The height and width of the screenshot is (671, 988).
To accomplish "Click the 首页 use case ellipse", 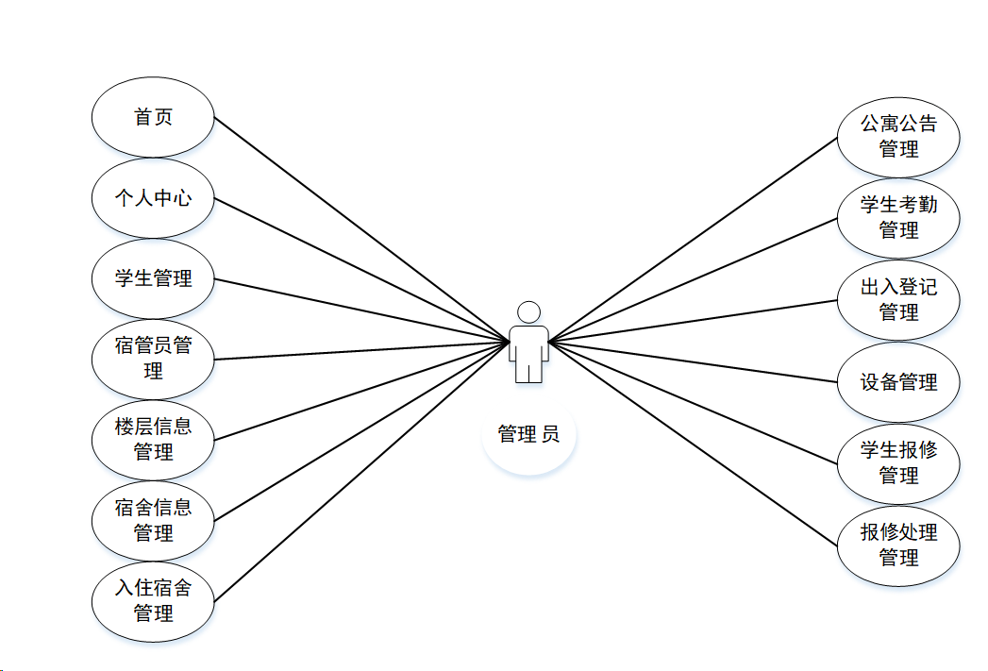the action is coord(153,117).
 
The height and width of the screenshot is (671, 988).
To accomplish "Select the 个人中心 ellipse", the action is coord(153,198).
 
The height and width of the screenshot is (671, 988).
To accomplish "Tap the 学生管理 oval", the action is coord(153,278).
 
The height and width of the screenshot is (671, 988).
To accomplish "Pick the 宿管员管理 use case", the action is coord(153,359).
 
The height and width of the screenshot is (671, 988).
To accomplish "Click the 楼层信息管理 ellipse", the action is coord(153,440).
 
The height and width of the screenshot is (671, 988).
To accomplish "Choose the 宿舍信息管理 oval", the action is coord(153,520).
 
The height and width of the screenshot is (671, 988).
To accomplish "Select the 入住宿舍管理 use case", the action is coord(153,601).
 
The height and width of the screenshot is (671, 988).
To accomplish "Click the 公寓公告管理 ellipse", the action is coord(898,136).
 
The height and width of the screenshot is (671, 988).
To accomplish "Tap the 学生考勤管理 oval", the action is coord(898,218).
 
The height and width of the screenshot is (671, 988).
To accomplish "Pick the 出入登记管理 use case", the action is coord(898,300).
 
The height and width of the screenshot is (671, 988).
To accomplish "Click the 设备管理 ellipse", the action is coord(898,382).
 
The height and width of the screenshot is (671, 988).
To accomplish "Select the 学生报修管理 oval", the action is coord(898,463).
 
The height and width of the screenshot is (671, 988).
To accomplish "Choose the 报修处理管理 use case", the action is coord(898,545).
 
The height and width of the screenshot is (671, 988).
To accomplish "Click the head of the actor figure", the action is coord(528,311).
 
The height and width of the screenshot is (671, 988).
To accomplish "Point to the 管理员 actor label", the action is coord(528,434).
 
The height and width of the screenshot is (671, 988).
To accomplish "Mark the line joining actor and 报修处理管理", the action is coord(694,443).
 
